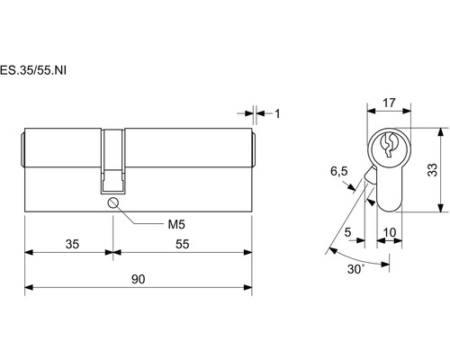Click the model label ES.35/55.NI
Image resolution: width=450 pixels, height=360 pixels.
(x=33, y=70)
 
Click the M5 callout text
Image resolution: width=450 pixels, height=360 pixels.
(x=176, y=224)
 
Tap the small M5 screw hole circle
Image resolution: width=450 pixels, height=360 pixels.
(x=112, y=203)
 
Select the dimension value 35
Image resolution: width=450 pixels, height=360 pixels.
(x=72, y=244)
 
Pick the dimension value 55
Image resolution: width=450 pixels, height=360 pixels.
(x=183, y=244)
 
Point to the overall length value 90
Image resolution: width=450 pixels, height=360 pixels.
(x=139, y=279)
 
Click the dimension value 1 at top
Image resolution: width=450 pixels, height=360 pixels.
(x=277, y=113)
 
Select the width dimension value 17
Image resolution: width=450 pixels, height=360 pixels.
(x=389, y=103)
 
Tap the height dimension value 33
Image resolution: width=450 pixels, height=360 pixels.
(x=432, y=170)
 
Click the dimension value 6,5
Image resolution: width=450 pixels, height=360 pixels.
(x=339, y=172)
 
